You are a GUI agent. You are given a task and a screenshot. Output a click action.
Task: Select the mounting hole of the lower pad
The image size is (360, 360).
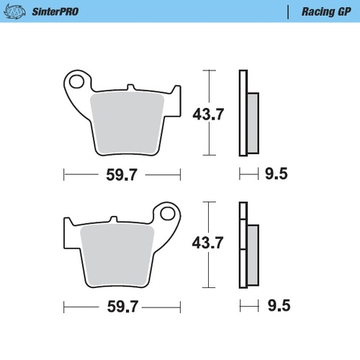click(x=168, y=214)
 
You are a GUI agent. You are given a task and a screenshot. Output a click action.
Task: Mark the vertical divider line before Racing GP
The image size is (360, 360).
click(x=289, y=12)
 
